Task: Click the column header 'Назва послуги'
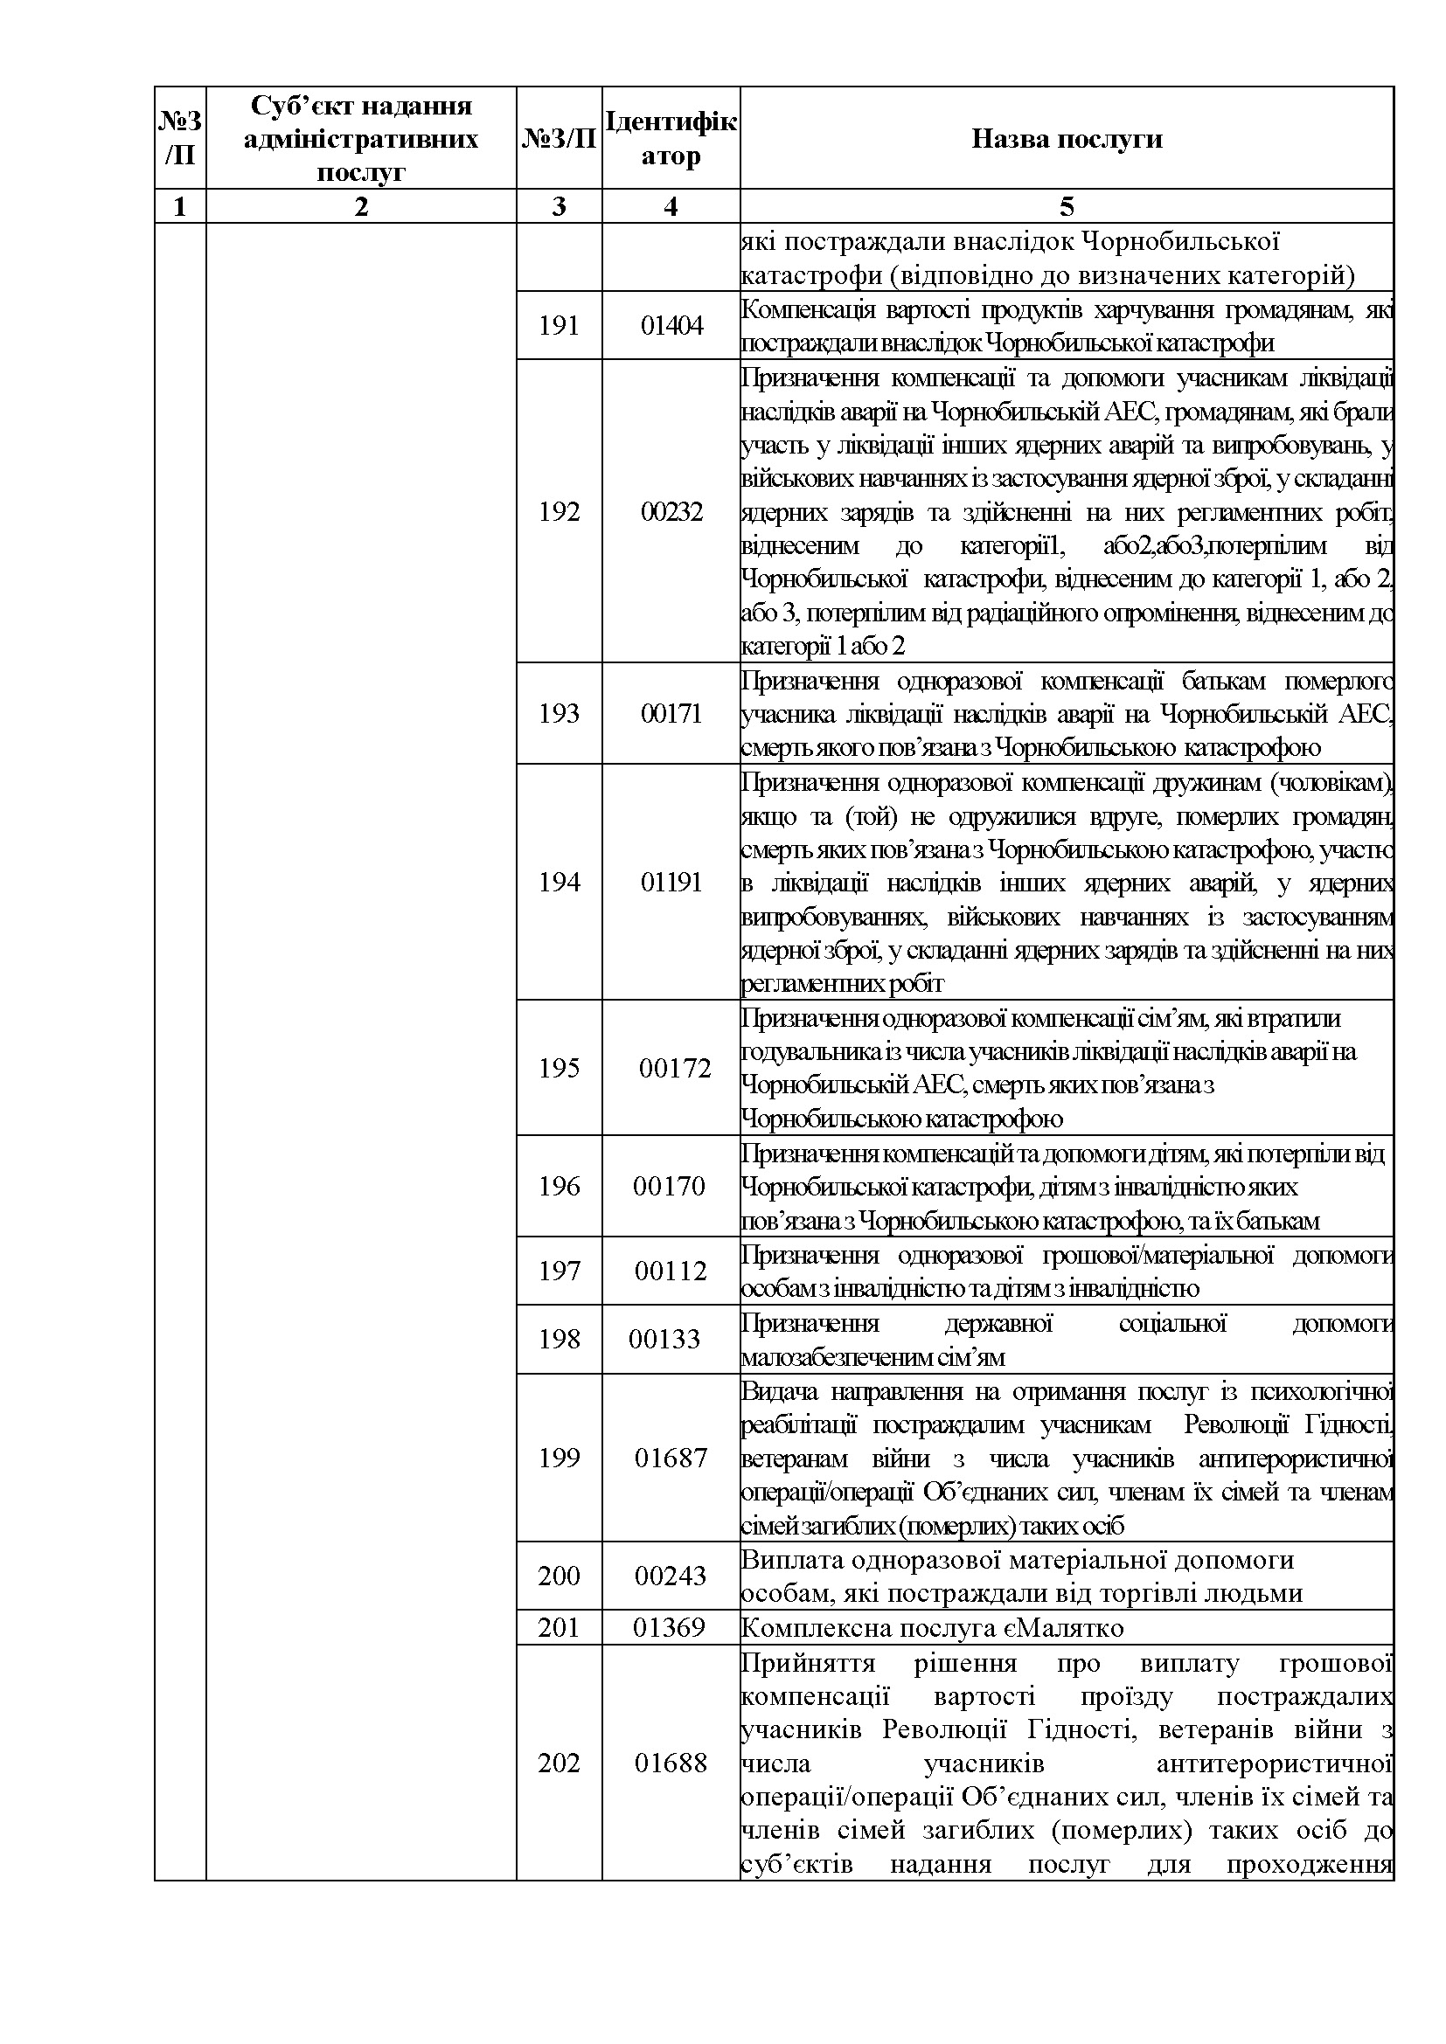click(x=1066, y=139)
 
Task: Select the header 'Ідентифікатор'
click(x=671, y=138)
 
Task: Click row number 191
click(x=559, y=326)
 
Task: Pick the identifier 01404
click(x=671, y=326)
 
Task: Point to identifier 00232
click(x=671, y=512)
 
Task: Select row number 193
click(x=559, y=713)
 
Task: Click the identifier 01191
click(x=671, y=883)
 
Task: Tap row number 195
click(x=559, y=1068)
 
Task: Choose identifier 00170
click(x=669, y=1187)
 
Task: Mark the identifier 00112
click(x=671, y=1271)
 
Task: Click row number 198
click(x=559, y=1340)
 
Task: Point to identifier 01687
click(x=671, y=1459)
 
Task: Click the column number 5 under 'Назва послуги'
click(x=1066, y=206)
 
